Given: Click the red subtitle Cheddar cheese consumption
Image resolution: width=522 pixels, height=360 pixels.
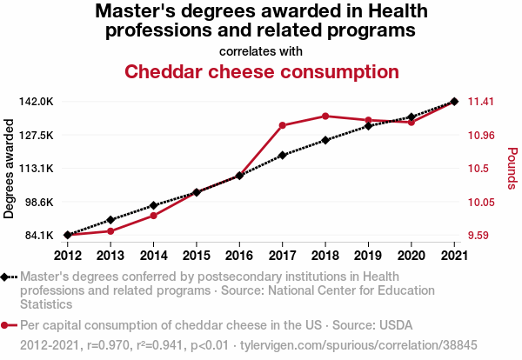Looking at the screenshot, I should point(262,71).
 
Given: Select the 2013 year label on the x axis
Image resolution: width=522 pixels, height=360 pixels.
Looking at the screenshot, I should point(110,255).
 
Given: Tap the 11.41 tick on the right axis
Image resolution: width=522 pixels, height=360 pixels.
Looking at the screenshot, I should point(481,102).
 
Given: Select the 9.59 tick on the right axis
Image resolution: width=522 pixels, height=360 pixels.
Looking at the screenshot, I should point(481,235).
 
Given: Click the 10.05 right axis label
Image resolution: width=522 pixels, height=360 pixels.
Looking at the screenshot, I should point(481,202).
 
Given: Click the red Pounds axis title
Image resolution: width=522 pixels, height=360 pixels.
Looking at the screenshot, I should point(512,168).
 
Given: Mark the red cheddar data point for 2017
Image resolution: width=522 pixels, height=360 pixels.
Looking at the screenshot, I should point(282,125).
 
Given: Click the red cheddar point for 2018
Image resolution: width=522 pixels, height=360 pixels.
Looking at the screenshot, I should point(325,116).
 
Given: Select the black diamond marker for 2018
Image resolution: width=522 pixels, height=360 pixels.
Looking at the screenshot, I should point(325,140).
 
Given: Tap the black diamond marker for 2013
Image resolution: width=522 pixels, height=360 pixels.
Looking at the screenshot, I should point(110,220).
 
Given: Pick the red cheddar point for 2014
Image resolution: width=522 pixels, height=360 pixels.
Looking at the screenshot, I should point(153,216).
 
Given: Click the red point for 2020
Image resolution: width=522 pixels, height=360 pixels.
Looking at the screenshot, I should point(411,123).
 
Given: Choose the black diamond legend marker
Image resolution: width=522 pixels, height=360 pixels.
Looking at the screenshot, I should point(6,277).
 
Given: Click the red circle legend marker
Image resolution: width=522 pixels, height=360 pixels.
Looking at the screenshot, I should point(6,326).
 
